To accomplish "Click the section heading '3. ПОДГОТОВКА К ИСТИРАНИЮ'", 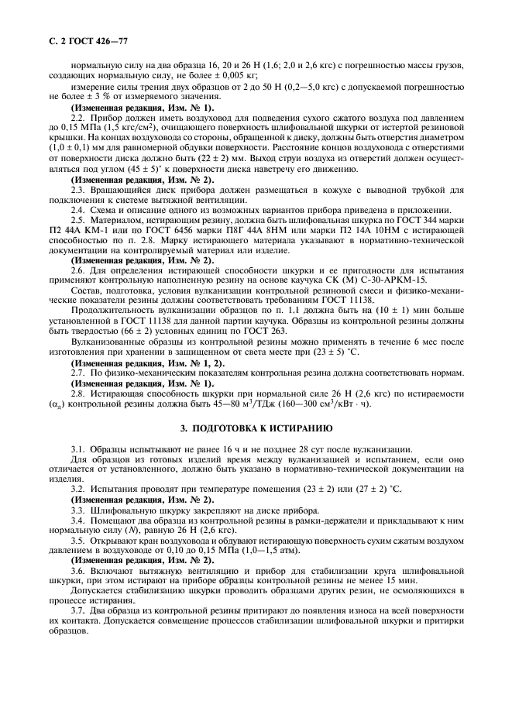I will pos(256,427).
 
